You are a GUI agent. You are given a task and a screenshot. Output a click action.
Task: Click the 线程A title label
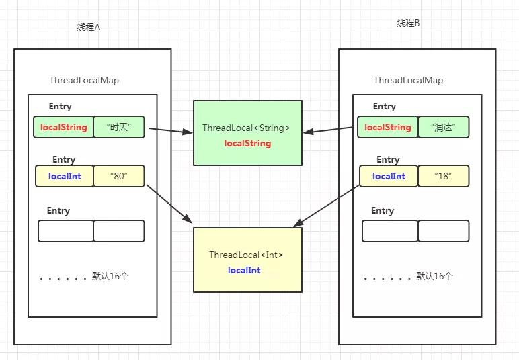tap(89, 27)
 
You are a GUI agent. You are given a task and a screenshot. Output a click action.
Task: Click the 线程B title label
tap(408, 23)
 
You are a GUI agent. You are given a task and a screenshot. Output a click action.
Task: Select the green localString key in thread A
tap(63, 128)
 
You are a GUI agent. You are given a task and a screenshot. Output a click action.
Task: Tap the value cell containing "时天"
tap(118, 128)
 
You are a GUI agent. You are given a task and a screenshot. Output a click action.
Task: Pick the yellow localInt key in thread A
tap(65, 176)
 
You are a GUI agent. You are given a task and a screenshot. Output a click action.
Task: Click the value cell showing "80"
tap(118, 176)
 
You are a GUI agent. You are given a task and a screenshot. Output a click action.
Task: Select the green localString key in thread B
tap(387, 128)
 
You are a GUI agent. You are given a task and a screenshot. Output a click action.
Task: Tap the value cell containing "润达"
tap(443, 128)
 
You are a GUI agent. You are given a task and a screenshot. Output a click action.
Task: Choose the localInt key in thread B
tap(389, 176)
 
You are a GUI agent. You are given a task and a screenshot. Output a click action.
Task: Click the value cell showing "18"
tap(443, 176)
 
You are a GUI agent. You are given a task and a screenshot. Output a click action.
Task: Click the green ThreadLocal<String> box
tap(247, 132)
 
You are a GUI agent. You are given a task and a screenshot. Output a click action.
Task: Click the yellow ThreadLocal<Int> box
tap(247, 260)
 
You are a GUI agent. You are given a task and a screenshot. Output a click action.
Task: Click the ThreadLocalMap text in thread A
tap(84, 80)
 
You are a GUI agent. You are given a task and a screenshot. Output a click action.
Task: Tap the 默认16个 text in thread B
tap(434, 276)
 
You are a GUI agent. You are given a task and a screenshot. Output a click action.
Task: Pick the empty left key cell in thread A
tap(65, 230)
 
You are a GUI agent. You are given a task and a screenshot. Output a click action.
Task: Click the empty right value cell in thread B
tap(443, 230)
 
